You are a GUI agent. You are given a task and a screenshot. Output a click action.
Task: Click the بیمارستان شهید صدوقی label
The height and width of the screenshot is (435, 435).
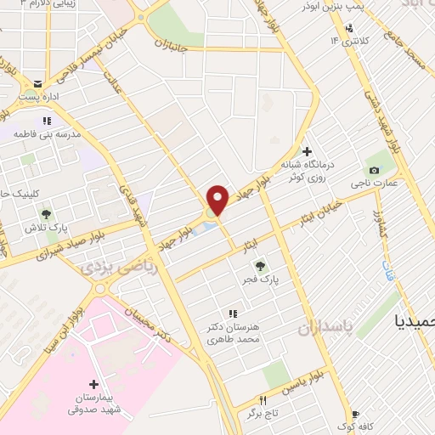tap(95, 404)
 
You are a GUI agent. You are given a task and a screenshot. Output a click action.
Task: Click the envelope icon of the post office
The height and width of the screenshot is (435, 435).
tap(38, 83)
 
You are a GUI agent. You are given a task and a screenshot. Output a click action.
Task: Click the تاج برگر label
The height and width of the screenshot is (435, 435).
tap(263, 415)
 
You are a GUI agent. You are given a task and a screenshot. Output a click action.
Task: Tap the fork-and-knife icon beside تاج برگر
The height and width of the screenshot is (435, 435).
tap(263, 399)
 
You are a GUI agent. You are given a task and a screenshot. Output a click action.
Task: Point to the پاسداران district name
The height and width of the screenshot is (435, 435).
tap(322, 328)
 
